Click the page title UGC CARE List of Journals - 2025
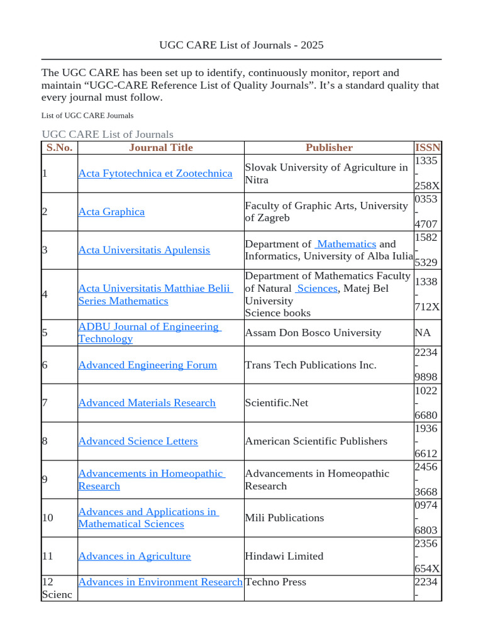pyautogui.click(x=241, y=45)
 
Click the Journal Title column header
pyautogui.click(x=160, y=148)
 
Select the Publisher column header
pyautogui.click(x=329, y=148)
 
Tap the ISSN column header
pyautogui.click(x=428, y=148)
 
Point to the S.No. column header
pyautogui.click(x=59, y=148)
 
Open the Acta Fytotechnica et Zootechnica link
pyautogui.click(x=155, y=174)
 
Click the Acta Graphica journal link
pyautogui.click(x=111, y=212)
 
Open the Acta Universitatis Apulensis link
pyautogui.click(x=143, y=250)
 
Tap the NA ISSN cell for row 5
pyautogui.click(x=422, y=333)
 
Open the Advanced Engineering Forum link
pyautogui.click(x=147, y=365)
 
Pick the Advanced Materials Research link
pyautogui.click(x=147, y=403)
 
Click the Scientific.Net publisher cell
pyautogui.click(x=276, y=403)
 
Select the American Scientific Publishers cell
pyautogui.click(x=316, y=441)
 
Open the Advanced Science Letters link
pyautogui.click(x=138, y=441)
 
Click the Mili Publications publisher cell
pyautogui.click(x=284, y=518)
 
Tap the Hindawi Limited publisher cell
pyautogui.click(x=284, y=557)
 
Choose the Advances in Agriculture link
pyautogui.click(x=134, y=557)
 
